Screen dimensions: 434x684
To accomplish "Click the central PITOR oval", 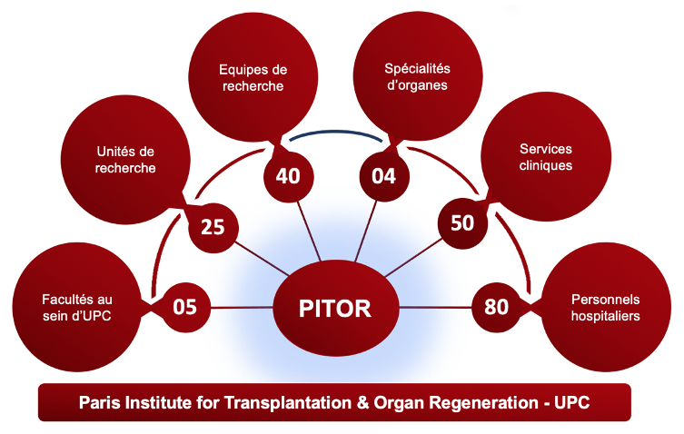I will coord(335,308).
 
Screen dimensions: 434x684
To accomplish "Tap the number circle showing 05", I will coord(184,307).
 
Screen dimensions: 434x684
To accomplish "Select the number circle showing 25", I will coord(213,227).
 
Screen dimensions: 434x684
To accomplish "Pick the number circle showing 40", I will coord(288,175).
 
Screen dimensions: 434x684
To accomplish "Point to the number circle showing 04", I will coord(384,175).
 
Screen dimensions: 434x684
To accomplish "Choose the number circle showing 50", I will coord(462,222).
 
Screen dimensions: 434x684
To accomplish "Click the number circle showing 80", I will coord(497,307).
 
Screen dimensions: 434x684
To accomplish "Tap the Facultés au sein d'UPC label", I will coord(78,307).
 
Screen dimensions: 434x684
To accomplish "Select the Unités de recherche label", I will coord(125,160).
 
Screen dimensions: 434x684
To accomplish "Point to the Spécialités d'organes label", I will coord(417,77).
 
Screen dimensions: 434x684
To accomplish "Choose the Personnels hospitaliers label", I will coord(605,307).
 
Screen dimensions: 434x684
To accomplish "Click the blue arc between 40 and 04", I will coord(336,133).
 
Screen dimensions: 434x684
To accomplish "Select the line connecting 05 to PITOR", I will coord(243,308).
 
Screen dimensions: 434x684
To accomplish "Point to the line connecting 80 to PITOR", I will coord(434,308).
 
